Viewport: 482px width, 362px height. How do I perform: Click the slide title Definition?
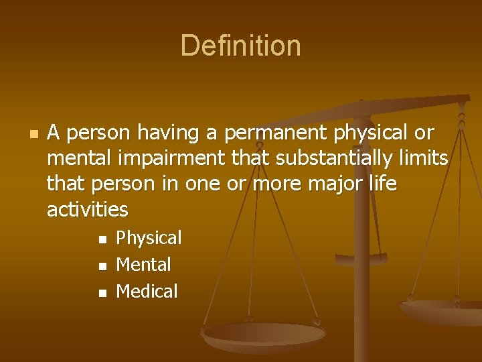pyautogui.click(x=240, y=46)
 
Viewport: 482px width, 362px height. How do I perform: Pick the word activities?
pyautogui.click(x=87, y=209)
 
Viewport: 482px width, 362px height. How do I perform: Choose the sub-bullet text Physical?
pyautogui.click(x=149, y=238)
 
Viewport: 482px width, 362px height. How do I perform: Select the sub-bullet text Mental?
pyautogui.click(x=143, y=265)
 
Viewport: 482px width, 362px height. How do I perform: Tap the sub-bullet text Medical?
pyautogui.click(x=147, y=292)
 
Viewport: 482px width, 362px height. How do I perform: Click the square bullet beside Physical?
pyautogui.click(x=102, y=239)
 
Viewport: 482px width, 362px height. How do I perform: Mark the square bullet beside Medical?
pyautogui.click(x=102, y=293)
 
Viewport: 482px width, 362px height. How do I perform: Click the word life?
pyautogui.click(x=380, y=184)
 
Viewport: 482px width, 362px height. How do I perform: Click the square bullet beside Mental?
pyautogui.click(x=102, y=266)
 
